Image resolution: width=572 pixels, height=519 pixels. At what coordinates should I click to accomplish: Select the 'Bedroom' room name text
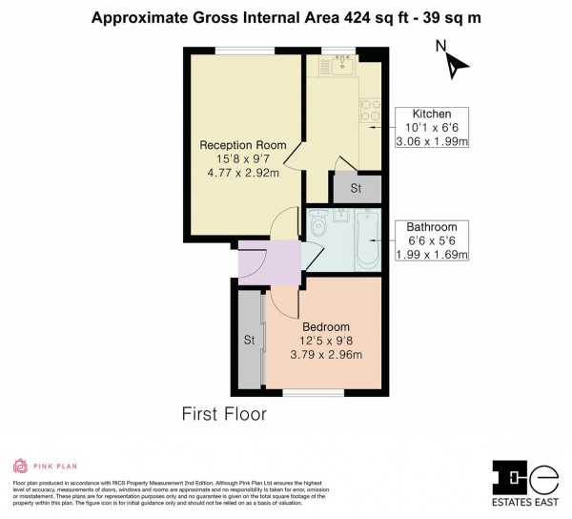326,326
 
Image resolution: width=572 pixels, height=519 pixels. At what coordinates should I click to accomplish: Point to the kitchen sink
340,68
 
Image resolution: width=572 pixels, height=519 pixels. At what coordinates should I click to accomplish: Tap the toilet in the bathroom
317,223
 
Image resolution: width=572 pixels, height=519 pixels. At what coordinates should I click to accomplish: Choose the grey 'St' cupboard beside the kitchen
356,189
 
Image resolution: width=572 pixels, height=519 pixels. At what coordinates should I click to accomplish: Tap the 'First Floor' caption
224,414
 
